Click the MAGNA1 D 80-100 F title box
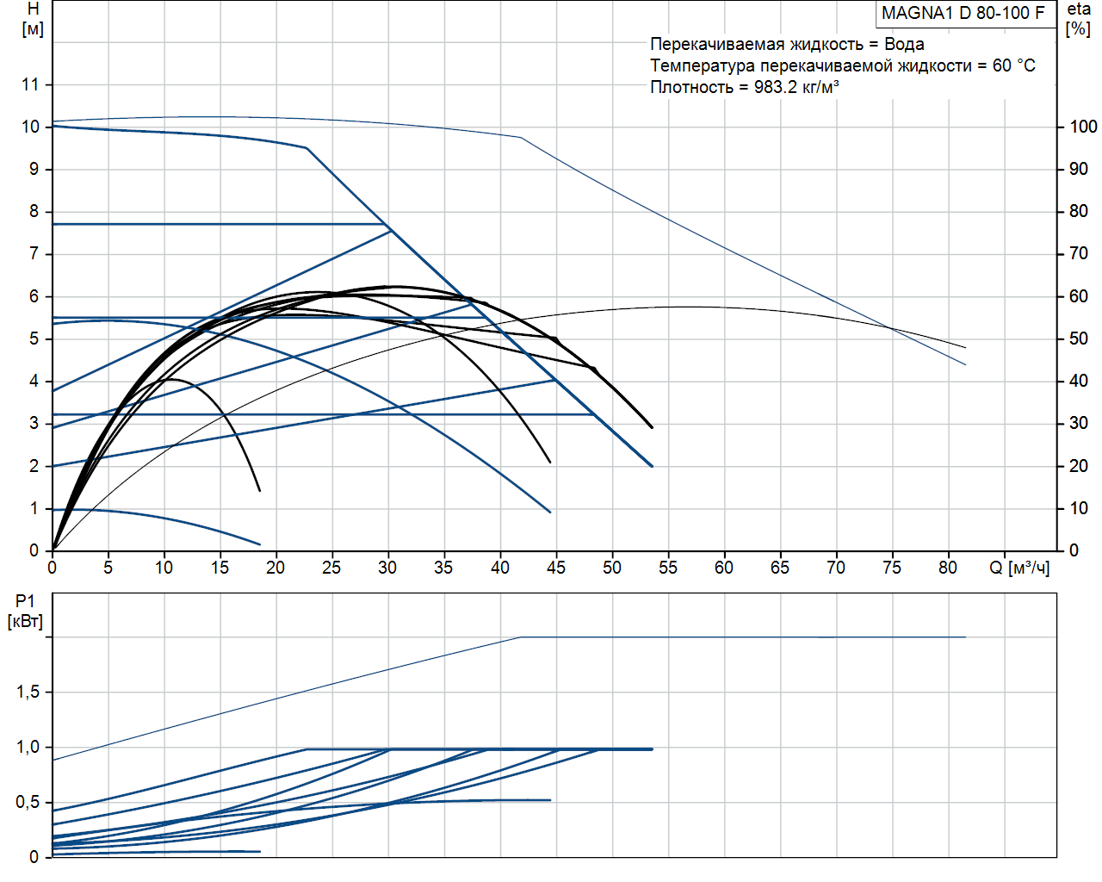coord(963,13)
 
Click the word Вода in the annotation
coord(904,44)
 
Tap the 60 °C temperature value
coord(1013,65)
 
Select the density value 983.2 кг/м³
coord(796,87)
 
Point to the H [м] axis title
coord(33,19)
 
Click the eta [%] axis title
coord(1078,18)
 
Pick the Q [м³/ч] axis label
coord(1019,568)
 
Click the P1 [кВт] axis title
coord(25,611)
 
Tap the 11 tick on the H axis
coord(31,84)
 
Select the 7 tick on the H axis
coord(34,253)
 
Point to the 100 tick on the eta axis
coord(1083,127)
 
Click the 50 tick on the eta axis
coord(1079,339)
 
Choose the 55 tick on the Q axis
coord(668,568)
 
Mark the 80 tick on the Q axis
coord(948,568)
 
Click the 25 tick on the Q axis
coord(331,568)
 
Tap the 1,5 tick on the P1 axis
coord(28,692)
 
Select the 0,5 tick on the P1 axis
coord(28,802)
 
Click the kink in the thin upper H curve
coord(521,137)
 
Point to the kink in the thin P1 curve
coord(522,637)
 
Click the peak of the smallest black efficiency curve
coord(170,379)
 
